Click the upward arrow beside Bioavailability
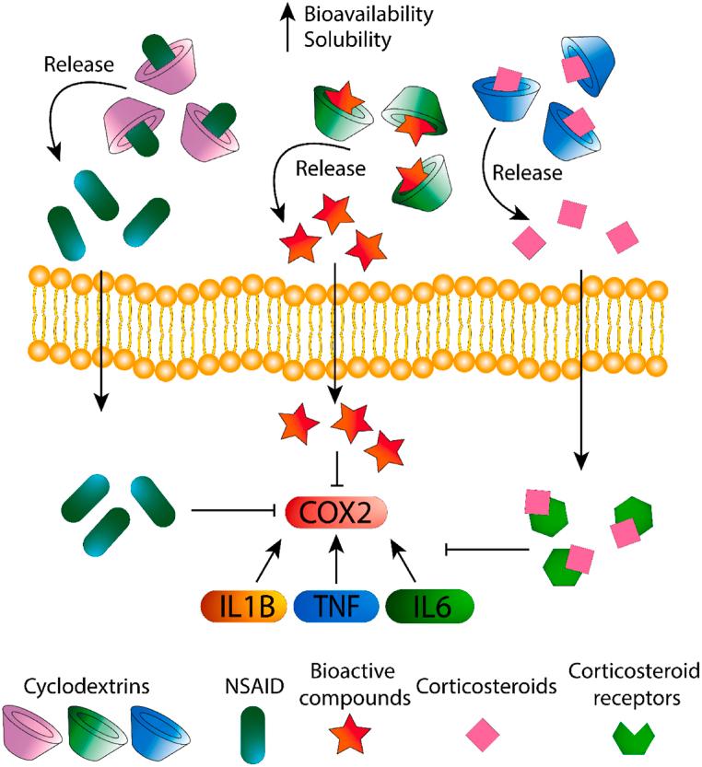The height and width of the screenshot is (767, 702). [x=288, y=26]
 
